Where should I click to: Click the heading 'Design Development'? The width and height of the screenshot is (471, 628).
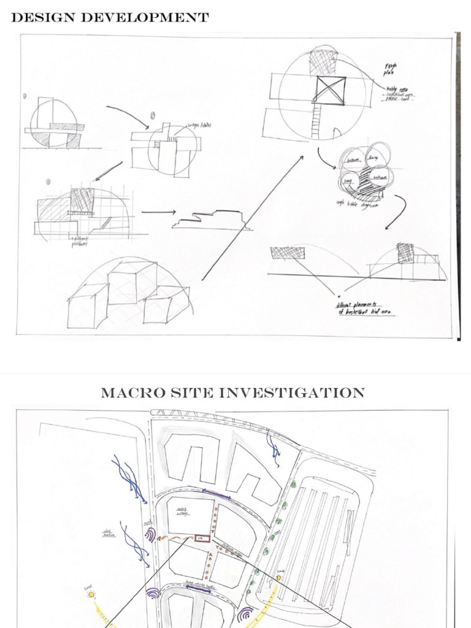(110, 17)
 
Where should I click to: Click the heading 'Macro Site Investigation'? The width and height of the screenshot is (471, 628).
(232, 392)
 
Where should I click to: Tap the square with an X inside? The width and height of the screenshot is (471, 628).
(331, 90)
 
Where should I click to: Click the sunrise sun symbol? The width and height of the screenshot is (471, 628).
(278, 578)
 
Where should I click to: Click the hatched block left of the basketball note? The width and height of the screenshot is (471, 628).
(284, 251)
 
